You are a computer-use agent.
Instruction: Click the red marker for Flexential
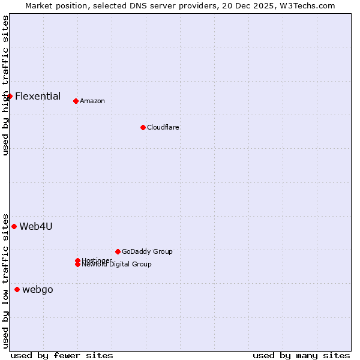tap(10, 96)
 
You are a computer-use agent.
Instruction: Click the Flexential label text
tap(38, 96)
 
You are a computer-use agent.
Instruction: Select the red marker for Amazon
tap(76, 101)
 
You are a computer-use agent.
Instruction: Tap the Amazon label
tap(92, 101)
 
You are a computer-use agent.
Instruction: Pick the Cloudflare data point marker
tap(143, 127)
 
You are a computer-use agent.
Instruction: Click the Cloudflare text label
tap(163, 127)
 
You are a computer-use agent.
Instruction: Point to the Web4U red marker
tap(14, 226)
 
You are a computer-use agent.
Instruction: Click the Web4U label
tap(36, 226)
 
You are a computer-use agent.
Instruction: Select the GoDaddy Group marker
tap(118, 251)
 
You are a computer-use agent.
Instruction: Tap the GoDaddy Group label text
tap(147, 251)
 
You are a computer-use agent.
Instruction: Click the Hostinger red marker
tap(77, 260)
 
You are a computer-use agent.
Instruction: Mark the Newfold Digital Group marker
tap(77, 265)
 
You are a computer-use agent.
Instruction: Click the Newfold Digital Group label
tap(117, 265)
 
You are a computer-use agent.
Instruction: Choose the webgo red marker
tap(17, 289)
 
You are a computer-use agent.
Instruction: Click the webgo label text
tap(38, 289)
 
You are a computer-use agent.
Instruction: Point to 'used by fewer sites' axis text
tap(62, 355)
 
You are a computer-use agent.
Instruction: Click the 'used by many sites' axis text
tap(301, 355)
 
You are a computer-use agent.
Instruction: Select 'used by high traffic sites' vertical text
tap(5, 85)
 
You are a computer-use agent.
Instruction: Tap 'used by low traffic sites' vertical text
tap(5, 281)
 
